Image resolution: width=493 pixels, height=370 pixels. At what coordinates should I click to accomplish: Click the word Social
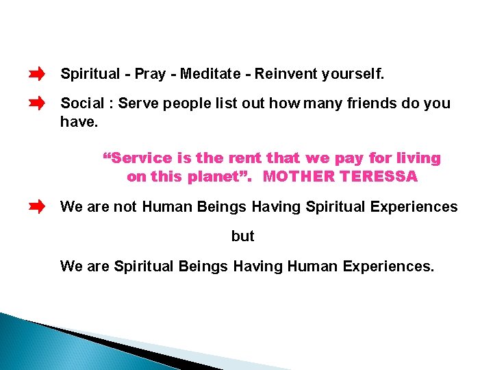click(82, 103)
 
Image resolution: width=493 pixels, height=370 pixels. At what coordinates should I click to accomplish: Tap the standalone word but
click(242, 236)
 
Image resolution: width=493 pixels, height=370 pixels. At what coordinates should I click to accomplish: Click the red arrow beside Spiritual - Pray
click(37, 73)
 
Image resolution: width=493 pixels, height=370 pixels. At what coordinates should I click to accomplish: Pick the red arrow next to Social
click(37, 103)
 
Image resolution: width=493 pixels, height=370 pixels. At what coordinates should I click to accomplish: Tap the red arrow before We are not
click(37, 206)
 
